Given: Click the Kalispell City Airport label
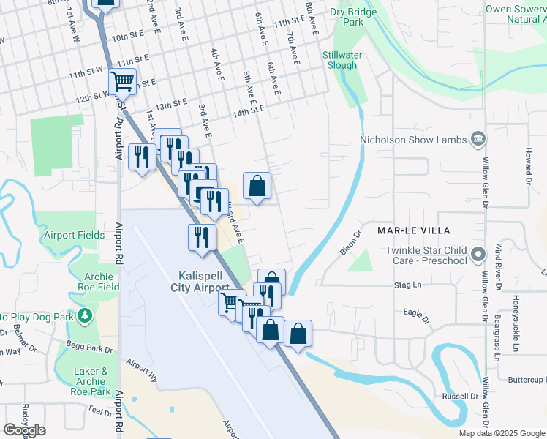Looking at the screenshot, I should click(x=204, y=282).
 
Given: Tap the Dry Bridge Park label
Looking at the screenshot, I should click(x=353, y=17).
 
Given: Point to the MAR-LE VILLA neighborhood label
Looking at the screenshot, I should click(x=412, y=230).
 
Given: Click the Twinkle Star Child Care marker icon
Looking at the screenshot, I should click(x=478, y=255).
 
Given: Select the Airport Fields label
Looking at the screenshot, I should click(x=74, y=236).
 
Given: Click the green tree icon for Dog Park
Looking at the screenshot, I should click(x=86, y=315).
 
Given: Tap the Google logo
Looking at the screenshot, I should click(x=24, y=430).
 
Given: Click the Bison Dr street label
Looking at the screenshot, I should click(x=352, y=244).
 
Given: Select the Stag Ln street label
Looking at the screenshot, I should click(x=409, y=285).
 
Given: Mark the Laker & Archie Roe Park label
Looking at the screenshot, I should click(x=91, y=381).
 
